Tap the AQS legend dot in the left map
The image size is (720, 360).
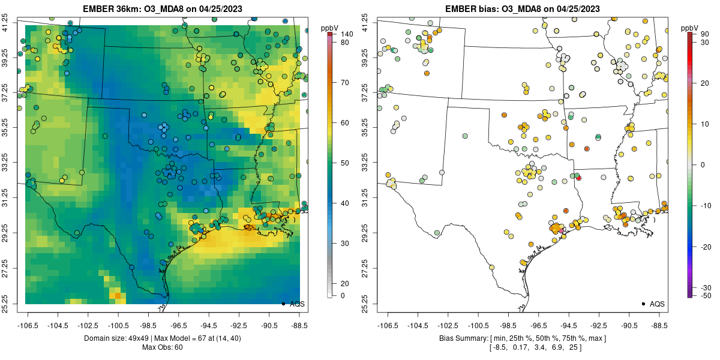tap(283, 304)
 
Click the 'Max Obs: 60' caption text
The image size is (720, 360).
tap(162, 347)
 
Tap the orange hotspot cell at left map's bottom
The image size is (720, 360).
tap(118, 295)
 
